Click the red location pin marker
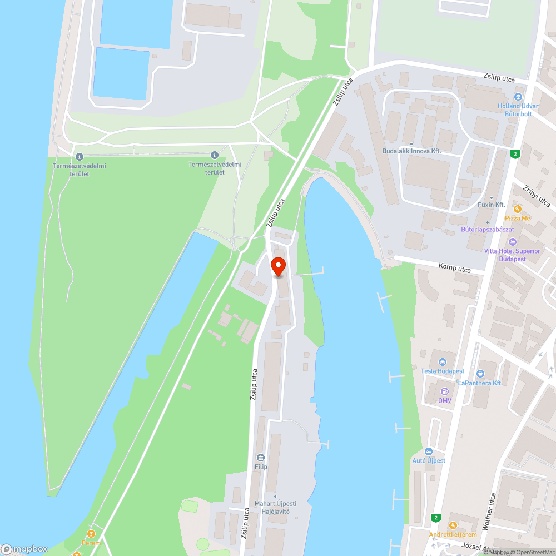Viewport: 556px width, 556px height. coord(278,266)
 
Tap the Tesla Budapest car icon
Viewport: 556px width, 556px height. coord(443,361)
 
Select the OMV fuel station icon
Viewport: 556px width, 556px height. coord(444,391)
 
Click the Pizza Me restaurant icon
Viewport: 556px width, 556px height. coord(518,209)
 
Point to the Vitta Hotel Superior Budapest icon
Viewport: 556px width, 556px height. coord(513,242)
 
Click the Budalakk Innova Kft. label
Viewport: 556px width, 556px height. coord(412,151)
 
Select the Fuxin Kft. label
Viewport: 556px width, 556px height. coord(491,205)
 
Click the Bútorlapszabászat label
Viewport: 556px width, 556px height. coord(488,229)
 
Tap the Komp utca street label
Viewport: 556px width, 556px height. coord(454,268)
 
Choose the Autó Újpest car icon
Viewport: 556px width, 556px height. coord(428,451)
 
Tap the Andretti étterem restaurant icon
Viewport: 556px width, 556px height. coord(453,525)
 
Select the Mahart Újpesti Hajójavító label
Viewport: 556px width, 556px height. coord(272,507)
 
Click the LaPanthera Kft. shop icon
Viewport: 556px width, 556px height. coord(480,374)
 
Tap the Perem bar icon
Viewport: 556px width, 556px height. coord(91,534)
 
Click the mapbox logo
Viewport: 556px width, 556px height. coord(24,548)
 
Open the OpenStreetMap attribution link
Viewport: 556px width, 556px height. coord(532,552)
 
